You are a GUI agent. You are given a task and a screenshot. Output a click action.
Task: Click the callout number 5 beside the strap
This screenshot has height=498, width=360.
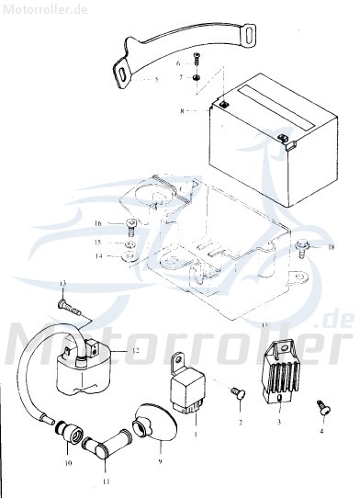157,81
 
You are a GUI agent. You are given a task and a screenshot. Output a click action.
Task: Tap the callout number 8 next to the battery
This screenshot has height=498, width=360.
182,111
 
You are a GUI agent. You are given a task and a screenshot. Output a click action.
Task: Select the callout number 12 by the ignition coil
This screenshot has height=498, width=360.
135,352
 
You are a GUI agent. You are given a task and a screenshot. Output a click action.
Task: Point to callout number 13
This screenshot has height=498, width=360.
63,282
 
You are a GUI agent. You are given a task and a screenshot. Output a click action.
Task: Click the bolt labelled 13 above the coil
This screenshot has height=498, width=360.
65,300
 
